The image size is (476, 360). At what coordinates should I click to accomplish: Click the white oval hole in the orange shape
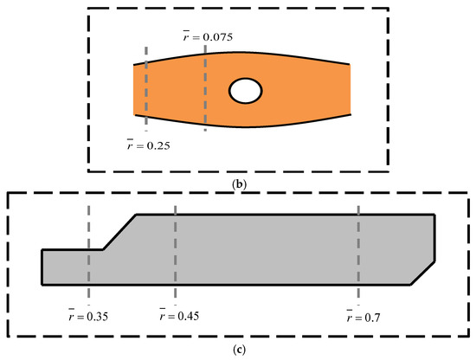coord(245,91)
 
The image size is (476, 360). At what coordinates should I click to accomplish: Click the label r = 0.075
coord(208,36)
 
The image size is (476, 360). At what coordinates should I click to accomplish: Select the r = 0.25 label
coord(149,145)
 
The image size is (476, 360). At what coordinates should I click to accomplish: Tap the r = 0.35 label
coord(88,316)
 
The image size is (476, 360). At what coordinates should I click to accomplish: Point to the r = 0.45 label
coord(179,315)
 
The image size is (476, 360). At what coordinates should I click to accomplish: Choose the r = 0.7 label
coord(363,317)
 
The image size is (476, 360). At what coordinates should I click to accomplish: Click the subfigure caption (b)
coord(239,184)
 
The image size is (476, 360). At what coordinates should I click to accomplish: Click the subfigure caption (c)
coord(239,350)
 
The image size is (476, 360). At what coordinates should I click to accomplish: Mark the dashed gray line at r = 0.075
coord(205,88)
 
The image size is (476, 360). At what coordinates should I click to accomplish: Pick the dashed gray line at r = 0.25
coord(146,88)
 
